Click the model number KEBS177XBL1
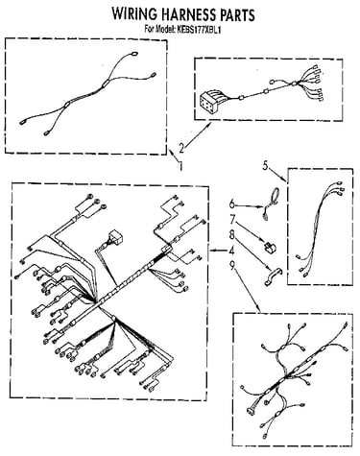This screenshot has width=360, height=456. (x=198, y=30)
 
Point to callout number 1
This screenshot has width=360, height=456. (x=180, y=165)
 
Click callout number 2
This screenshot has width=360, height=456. (x=181, y=148)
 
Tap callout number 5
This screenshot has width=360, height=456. (x=265, y=165)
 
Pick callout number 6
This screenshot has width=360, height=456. (x=232, y=204)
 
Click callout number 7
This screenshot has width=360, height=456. (x=232, y=220)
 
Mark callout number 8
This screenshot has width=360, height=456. (x=232, y=234)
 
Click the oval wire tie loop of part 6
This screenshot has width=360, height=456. (x=275, y=196)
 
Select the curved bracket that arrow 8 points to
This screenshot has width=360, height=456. (x=273, y=276)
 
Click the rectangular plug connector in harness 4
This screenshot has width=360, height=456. (x=116, y=237)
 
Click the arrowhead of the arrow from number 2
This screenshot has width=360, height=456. (x=209, y=125)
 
